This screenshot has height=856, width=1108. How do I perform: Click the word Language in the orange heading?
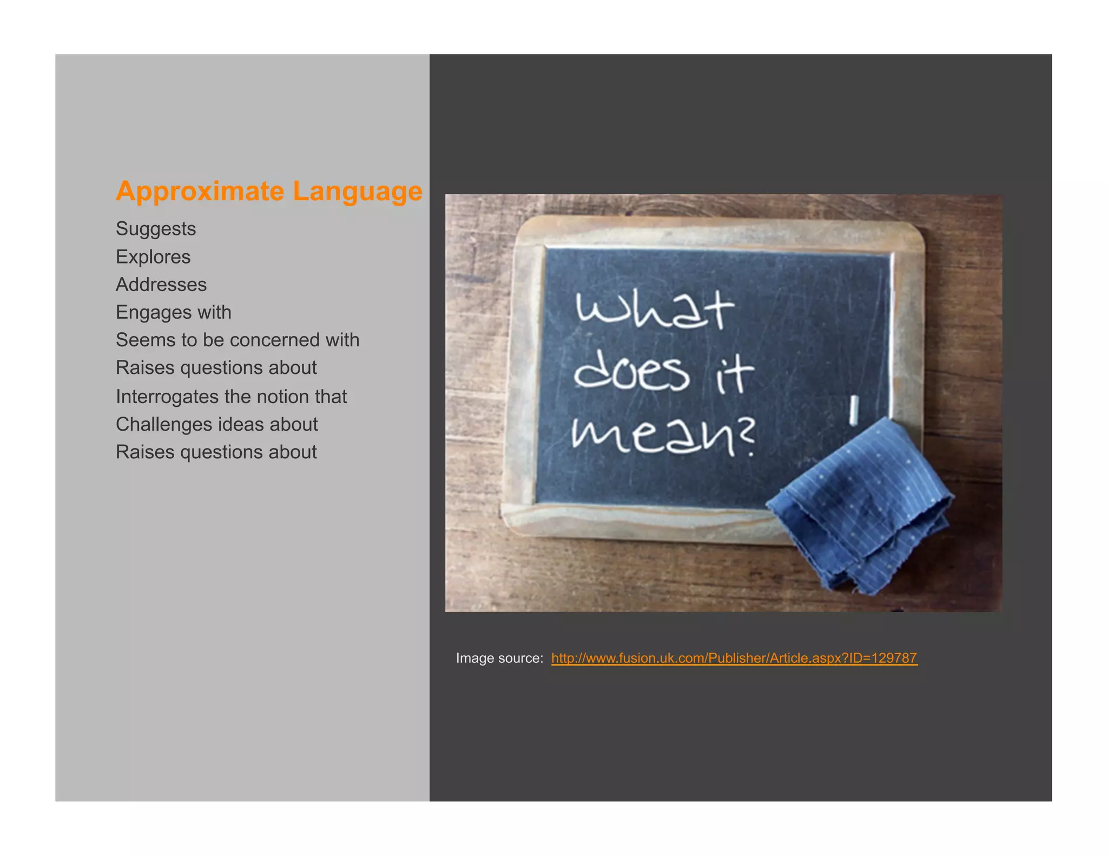tap(358, 192)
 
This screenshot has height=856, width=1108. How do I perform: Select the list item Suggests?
tap(156, 229)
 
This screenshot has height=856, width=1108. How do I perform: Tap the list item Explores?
tap(153, 256)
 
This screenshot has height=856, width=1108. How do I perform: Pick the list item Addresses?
tap(161, 285)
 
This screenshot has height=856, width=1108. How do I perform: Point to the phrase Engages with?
tap(174, 312)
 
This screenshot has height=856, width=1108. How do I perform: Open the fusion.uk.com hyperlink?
tap(734, 658)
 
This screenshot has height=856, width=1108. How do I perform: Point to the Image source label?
tap(499, 658)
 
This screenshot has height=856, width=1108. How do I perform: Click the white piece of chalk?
tap(853, 410)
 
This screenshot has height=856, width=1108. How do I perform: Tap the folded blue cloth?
tap(860, 509)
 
